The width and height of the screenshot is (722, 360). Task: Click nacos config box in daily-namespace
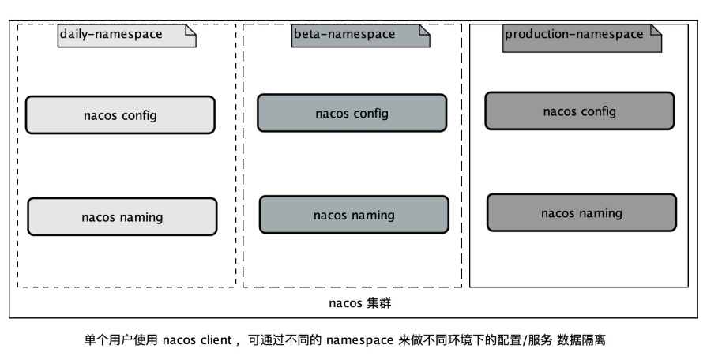point(120,115)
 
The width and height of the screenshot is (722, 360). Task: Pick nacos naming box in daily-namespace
point(122,216)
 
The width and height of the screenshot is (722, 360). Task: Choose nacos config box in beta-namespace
point(352,113)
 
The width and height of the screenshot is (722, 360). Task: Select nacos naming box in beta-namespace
point(354,215)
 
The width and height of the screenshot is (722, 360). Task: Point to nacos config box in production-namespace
point(579,111)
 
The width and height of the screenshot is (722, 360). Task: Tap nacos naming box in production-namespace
point(581,212)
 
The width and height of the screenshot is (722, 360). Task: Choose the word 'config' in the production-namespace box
point(598,111)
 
